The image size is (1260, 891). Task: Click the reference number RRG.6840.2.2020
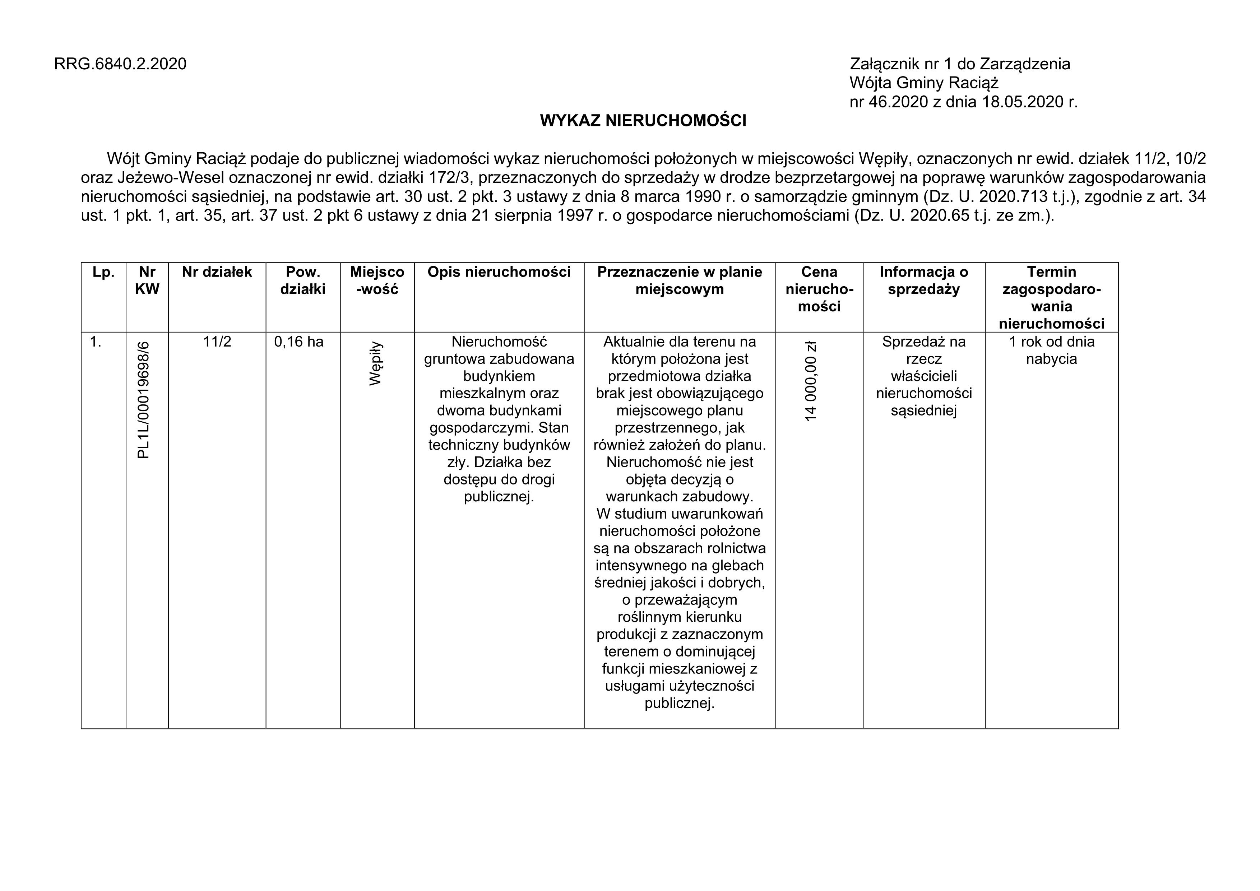click(120, 64)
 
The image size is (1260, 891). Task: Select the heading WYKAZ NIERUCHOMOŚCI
click(643, 121)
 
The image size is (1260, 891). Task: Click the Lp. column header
click(103, 272)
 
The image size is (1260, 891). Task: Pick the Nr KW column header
click(147, 280)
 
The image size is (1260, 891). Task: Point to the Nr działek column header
click(217, 272)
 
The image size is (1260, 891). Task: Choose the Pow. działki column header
click(303, 280)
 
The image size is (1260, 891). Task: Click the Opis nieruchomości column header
click(499, 272)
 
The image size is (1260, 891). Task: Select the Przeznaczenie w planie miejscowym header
click(680, 280)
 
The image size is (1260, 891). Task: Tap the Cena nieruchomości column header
click(819, 289)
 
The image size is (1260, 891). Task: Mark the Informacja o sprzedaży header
click(923, 280)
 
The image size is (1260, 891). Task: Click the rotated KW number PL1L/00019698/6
click(144, 399)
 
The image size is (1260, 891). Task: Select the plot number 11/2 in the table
click(217, 342)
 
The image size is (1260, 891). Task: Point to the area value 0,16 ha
click(298, 342)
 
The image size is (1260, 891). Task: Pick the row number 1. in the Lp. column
click(96, 342)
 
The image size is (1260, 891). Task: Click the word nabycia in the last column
click(1051, 359)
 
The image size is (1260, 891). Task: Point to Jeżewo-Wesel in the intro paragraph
click(171, 178)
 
